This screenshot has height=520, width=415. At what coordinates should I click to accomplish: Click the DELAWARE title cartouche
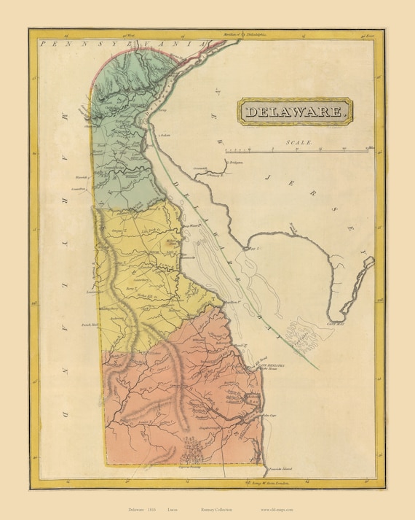296,112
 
